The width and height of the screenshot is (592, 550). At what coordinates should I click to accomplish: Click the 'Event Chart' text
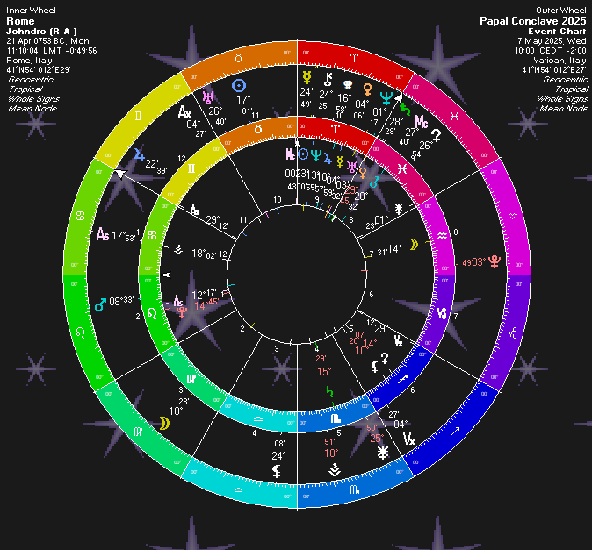click(x=563, y=30)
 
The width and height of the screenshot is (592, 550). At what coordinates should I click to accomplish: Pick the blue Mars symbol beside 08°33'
click(x=99, y=305)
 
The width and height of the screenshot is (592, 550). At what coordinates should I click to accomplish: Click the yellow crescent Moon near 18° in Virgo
click(x=164, y=423)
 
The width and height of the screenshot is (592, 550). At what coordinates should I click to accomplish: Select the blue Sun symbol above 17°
click(x=238, y=86)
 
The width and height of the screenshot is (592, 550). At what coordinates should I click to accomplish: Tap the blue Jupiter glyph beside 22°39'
click(x=139, y=156)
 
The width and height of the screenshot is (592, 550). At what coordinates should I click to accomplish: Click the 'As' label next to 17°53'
click(x=103, y=235)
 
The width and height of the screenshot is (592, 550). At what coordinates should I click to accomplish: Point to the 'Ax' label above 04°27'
click(x=185, y=112)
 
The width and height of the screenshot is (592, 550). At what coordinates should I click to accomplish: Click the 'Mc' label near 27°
click(x=422, y=121)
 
